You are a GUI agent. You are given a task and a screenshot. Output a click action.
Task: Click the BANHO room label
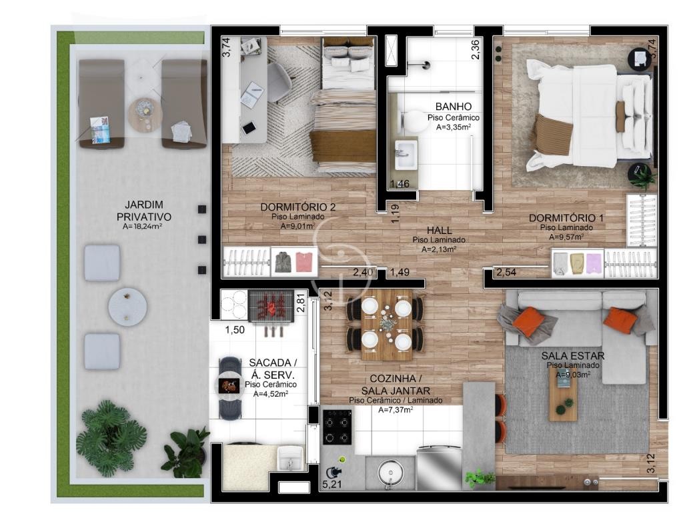pos(453,106)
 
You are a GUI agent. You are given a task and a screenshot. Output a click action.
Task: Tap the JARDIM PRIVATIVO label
pos(144,211)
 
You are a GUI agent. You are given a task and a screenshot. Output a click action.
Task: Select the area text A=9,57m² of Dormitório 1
pos(566,237)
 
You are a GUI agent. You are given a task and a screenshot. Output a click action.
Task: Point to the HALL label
pos(439,231)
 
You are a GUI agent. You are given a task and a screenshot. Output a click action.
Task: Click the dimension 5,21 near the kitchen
pos(331,484)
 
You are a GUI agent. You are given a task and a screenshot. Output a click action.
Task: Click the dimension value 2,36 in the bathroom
pos(475,49)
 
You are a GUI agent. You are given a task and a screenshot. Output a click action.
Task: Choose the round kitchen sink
pos(390,473)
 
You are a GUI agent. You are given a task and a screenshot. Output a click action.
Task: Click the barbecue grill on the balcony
pos(271,307)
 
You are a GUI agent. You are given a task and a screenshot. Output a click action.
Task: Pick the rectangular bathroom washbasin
pos(406,154)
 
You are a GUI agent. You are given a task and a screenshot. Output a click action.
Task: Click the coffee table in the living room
pos(563,396)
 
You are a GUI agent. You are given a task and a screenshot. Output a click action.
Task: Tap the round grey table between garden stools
pos(127,306)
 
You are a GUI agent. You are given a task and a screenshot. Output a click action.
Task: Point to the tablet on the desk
pos(249,127)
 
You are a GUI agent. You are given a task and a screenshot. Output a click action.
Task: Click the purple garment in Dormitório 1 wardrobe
pos(593,263)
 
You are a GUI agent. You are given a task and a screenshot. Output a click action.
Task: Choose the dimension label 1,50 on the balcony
pos(235,330)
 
